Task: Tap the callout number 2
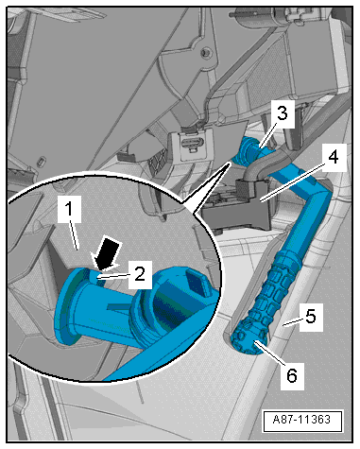coord(138,275)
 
